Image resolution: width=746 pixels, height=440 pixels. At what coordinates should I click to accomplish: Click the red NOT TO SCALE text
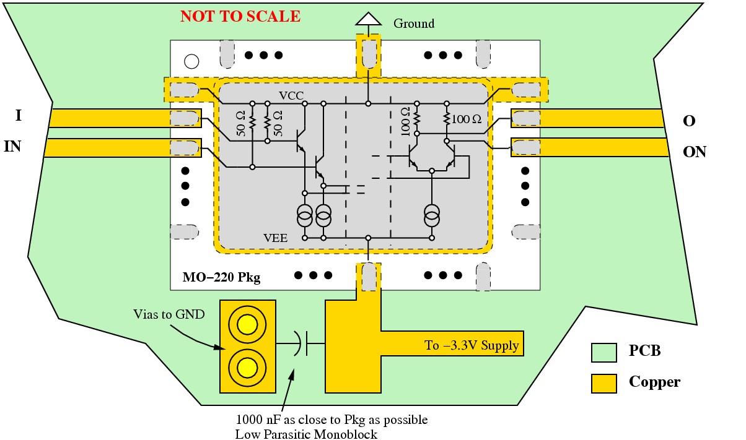(240, 16)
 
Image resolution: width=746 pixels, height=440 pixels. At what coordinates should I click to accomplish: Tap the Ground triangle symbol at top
(368, 19)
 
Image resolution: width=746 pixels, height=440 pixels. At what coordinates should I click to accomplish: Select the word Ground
(414, 24)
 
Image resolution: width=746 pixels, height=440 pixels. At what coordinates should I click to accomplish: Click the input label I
(19, 115)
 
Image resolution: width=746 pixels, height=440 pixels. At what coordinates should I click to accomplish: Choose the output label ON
(694, 152)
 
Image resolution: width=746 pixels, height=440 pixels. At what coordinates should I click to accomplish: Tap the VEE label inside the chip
(275, 236)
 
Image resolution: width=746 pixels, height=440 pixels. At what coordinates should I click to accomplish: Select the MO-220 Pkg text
(221, 277)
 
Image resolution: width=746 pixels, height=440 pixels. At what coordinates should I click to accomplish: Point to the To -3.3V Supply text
(472, 345)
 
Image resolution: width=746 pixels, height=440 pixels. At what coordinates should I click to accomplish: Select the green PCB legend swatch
(603, 352)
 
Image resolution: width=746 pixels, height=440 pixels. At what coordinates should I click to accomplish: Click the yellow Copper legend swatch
(603, 383)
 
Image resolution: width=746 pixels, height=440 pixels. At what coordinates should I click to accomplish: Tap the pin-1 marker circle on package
(191, 61)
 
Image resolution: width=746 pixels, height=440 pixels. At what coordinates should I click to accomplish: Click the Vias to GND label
(169, 314)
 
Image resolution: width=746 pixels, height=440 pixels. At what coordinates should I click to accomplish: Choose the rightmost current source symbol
(432, 217)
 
